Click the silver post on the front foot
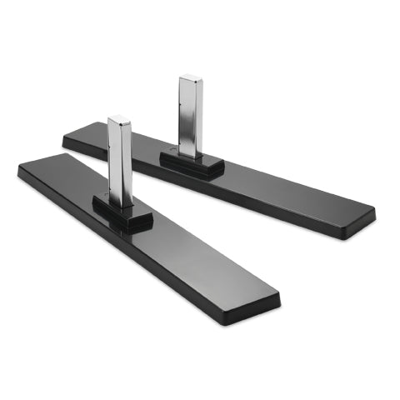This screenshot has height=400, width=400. click(x=122, y=162)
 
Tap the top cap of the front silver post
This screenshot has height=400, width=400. click(x=119, y=120)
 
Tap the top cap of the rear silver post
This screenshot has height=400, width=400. click(x=191, y=79)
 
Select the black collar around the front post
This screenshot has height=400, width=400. click(x=122, y=215)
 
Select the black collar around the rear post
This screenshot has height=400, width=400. click(x=192, y=163)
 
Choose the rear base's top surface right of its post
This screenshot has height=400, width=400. click(x=283, y=187)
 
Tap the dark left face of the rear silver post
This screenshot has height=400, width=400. click(x=182, y=117)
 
